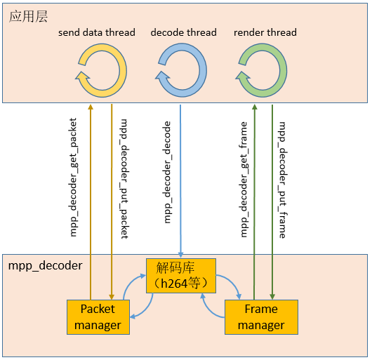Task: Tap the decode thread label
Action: [x=183, y=32]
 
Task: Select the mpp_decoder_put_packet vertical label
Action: [x=124, y=178]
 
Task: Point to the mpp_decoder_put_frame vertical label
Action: [x=282, y=180]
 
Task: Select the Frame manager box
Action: [x=260, y=316]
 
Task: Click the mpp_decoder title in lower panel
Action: [x=45, y=266]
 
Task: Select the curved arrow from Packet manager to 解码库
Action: [x=133, y=287]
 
